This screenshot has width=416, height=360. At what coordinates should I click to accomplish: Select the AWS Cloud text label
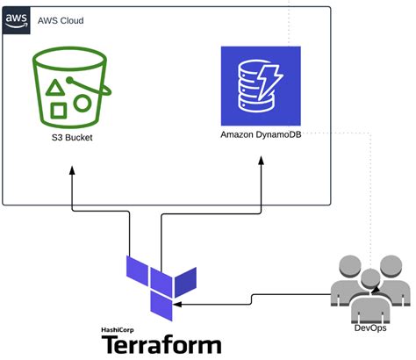61,19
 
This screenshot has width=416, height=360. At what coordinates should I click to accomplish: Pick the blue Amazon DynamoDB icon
260,86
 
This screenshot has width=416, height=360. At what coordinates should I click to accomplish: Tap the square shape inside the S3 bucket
59,111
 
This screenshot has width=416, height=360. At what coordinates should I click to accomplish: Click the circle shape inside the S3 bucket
82,103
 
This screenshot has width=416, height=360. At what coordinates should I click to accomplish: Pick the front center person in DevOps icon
369,303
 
